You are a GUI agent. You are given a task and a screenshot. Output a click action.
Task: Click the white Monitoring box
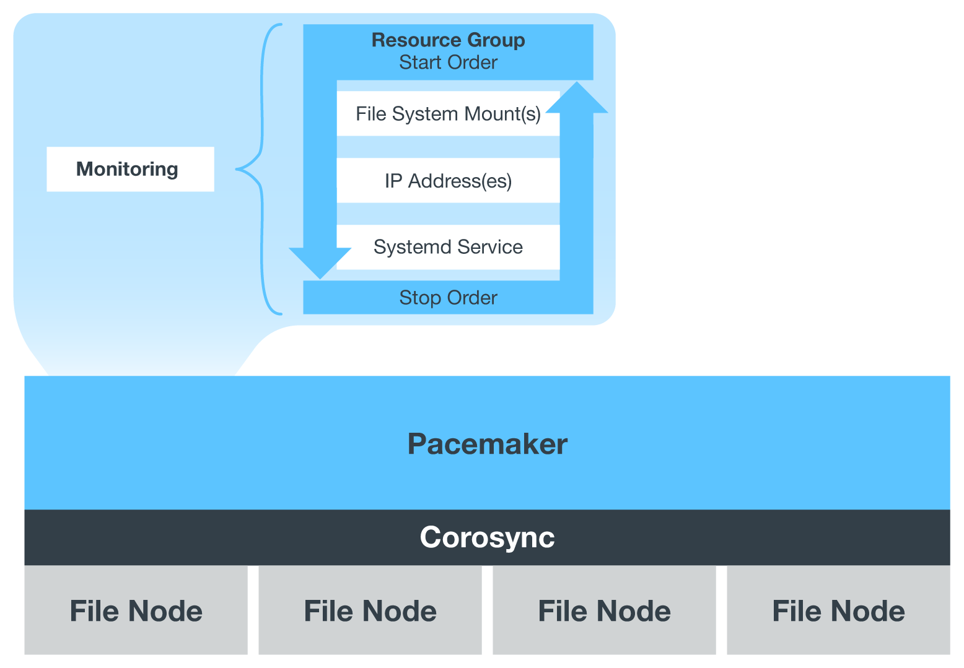click(x=130, y=169)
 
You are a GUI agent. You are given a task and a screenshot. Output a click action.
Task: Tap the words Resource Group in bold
click(x=448, y=40)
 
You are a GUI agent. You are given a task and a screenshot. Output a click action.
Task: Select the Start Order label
click(x=448, y=63)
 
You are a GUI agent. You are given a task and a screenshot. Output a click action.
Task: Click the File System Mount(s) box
click(x=448, y=114)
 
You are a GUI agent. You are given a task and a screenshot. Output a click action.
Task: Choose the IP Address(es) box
click(x=448, y=181)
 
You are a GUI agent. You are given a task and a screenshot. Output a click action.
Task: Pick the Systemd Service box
click(x=448, y=247)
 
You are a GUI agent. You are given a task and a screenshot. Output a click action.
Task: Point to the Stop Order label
click(x=448, y=298)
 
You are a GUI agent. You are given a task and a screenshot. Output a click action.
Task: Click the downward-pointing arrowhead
click(x=320, y=262)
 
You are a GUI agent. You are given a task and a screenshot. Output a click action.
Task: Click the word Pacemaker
click(x=487, y=444)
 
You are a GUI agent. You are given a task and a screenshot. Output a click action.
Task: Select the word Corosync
click(x=487, y=537)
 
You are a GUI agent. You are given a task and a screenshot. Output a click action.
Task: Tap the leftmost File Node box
click(x=136, y=610)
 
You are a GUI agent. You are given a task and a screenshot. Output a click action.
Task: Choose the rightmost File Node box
click(x=838, y=610)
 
